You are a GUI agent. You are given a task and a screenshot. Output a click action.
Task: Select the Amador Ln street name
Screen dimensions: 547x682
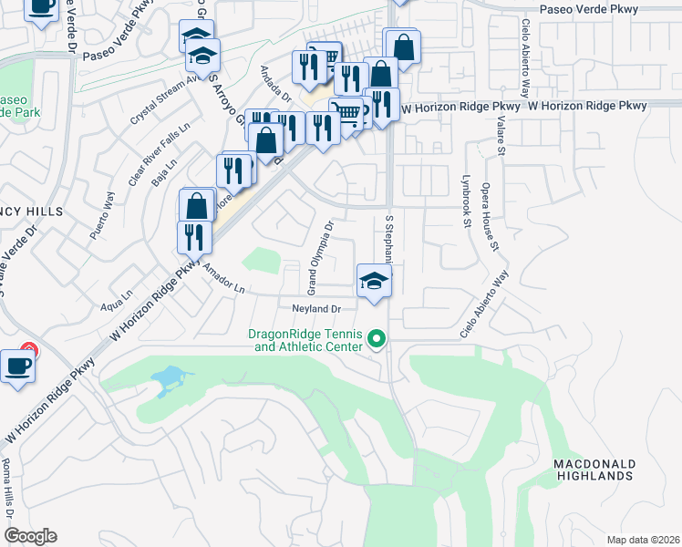[x=224, y=278]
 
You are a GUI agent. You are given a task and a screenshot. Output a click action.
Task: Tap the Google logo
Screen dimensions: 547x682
[x=30, y=536]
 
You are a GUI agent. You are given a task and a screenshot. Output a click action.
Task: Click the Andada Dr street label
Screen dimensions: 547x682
[x=274, y=83]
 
